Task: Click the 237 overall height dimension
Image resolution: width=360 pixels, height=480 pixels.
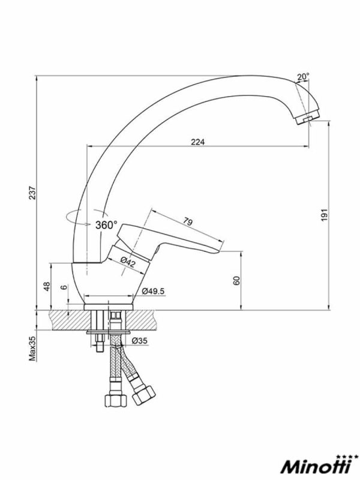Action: tap(32, 193)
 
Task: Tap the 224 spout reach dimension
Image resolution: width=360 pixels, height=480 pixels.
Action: tap(198, 142)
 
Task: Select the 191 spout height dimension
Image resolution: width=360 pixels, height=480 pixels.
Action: tap(324, 215)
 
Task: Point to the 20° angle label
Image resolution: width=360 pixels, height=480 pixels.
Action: tap(303, 77)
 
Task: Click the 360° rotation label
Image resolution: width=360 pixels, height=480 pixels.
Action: tap(106, 226)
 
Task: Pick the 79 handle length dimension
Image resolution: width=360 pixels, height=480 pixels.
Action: tap(188, 221)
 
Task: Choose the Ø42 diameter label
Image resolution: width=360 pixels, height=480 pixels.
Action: tap(128, 262)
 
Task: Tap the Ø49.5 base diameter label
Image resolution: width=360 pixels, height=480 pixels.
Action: tap(153, 291)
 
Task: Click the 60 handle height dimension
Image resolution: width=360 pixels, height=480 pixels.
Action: tap(236, 281)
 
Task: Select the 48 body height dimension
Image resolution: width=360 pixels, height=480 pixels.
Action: tap(47, 286)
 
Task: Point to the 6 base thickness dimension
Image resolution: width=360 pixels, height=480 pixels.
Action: tap(64, 287)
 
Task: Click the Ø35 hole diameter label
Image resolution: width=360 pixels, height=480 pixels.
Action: tap(139, 340)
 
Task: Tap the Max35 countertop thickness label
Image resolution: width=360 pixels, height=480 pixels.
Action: tap(32, 348)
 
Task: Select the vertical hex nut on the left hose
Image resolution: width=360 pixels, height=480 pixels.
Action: tap(115, 400)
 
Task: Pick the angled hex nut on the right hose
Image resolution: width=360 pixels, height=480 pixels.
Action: tap(144, 395)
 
